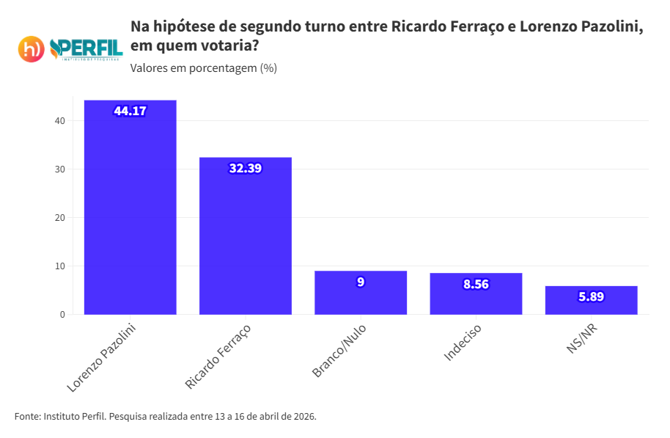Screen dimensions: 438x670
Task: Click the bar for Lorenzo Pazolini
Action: pos(130,213)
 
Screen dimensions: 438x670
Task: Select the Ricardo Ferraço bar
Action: pos(245,242)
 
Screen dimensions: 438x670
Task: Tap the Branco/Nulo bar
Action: pos(360,297)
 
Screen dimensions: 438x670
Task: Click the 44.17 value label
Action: pos(130,111)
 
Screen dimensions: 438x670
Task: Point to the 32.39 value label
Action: pos(245,168)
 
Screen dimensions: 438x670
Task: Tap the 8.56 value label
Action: pos(476,284)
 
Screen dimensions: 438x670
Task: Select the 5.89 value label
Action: pos(591,296)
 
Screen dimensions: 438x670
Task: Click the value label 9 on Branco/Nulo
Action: pos(360,282)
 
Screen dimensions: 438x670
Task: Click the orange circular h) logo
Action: pos(31,49)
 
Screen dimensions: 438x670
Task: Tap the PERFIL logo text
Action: pos(86,48)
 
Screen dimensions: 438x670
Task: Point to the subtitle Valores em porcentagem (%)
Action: pos(203,68)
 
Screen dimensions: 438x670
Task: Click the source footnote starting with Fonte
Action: pos(165,416)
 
